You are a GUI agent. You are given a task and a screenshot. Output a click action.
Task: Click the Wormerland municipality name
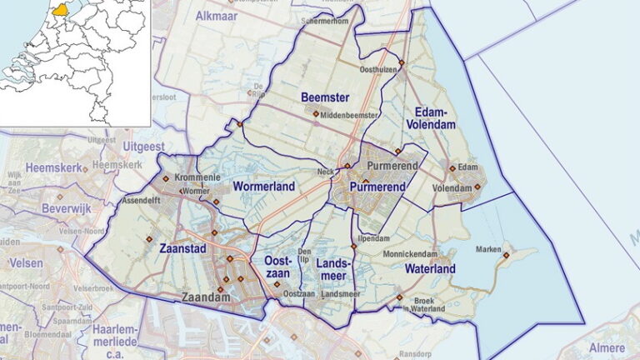[264, 187]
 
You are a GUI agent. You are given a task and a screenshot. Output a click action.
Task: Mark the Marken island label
[487, 250]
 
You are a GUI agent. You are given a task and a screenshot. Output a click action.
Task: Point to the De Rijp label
[259, 89]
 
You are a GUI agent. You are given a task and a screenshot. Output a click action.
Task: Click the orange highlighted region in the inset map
[61, 12]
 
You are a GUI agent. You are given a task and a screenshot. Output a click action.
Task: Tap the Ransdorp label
[412, 352]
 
